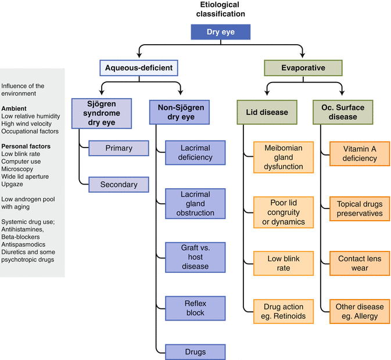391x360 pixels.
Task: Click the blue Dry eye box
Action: pyautogui.click(x=221, y=32)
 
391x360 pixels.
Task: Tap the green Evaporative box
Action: pyautogui.click(x=303, y=68)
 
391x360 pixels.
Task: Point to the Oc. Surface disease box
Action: pyautogui.click(x=343, y=112)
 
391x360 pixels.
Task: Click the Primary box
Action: pyautogui.click(x=119, y=148)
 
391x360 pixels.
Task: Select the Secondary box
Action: pyautogui.click(x=119, y=185)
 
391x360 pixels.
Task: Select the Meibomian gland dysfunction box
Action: pyautogui.click(x=283, y=157)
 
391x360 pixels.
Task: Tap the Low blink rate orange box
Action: pyautogui.click(x=283, y=264)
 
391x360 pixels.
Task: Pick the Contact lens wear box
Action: pyautogui.click(x=360, y=264)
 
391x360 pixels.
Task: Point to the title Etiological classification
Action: pyautogui.click(x=220, y=9)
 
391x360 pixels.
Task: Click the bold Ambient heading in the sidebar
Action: pyautogui.click(x=15, y=108)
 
